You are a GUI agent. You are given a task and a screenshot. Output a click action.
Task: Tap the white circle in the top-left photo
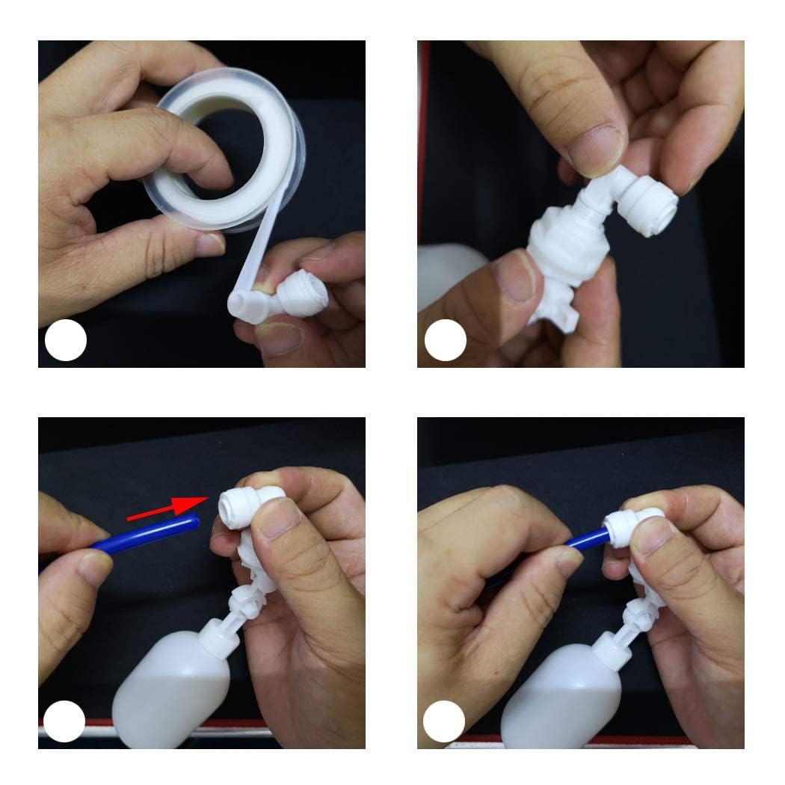(66, 340)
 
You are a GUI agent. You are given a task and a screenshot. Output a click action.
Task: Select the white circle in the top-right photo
(446, 340)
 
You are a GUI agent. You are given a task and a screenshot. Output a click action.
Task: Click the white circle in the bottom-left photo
(64, 721)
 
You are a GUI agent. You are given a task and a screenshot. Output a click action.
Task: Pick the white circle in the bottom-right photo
(444, 721)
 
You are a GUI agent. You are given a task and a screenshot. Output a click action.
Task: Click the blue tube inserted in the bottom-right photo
(586, 538)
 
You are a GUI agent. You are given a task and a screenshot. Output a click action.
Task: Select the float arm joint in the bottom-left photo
(247, 602)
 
